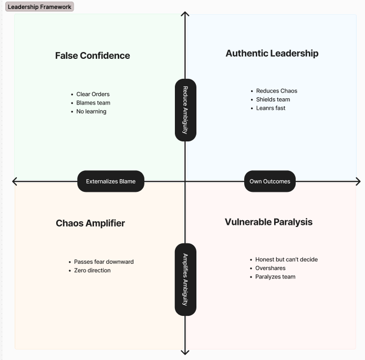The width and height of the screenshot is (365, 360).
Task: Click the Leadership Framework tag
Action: [x=39, y=7]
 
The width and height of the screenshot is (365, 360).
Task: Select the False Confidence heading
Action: [x=92, y=56]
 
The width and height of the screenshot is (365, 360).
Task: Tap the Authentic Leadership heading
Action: [x=272, y=53]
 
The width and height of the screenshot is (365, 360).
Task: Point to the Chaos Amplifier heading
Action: [x=90, y=223]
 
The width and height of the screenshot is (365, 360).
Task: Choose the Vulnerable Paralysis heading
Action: [x=268, y=222]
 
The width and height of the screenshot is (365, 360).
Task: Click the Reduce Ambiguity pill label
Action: [x=185, y=110]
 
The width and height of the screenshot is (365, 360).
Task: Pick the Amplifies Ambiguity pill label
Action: [x=185, y=279]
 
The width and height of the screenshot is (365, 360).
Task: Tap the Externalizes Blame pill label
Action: [x=111, y=181]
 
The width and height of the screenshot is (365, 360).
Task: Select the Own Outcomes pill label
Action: [x=269, y=181]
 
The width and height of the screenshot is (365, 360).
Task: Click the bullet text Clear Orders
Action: [x=93, y=95]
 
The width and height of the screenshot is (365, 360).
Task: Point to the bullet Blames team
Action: [x=93, y=103]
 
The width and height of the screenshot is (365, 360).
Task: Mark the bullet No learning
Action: [x=91, y=111]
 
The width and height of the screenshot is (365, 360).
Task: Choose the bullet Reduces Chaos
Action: [x=276, y=91]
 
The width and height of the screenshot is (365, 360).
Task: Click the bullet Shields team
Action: [x=273, y=99]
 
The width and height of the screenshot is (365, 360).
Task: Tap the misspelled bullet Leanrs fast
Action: [x=270, y=108]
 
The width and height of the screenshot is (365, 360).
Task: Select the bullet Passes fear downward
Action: [x=103, y=262]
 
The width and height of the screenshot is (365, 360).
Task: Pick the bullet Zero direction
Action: [x=92, y=270]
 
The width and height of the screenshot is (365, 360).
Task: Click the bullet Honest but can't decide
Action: [x=286, y=260]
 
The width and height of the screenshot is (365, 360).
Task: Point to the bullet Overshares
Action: [x=270, y=268]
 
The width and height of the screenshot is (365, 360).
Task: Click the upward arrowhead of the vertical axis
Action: [x=185, y=14]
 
